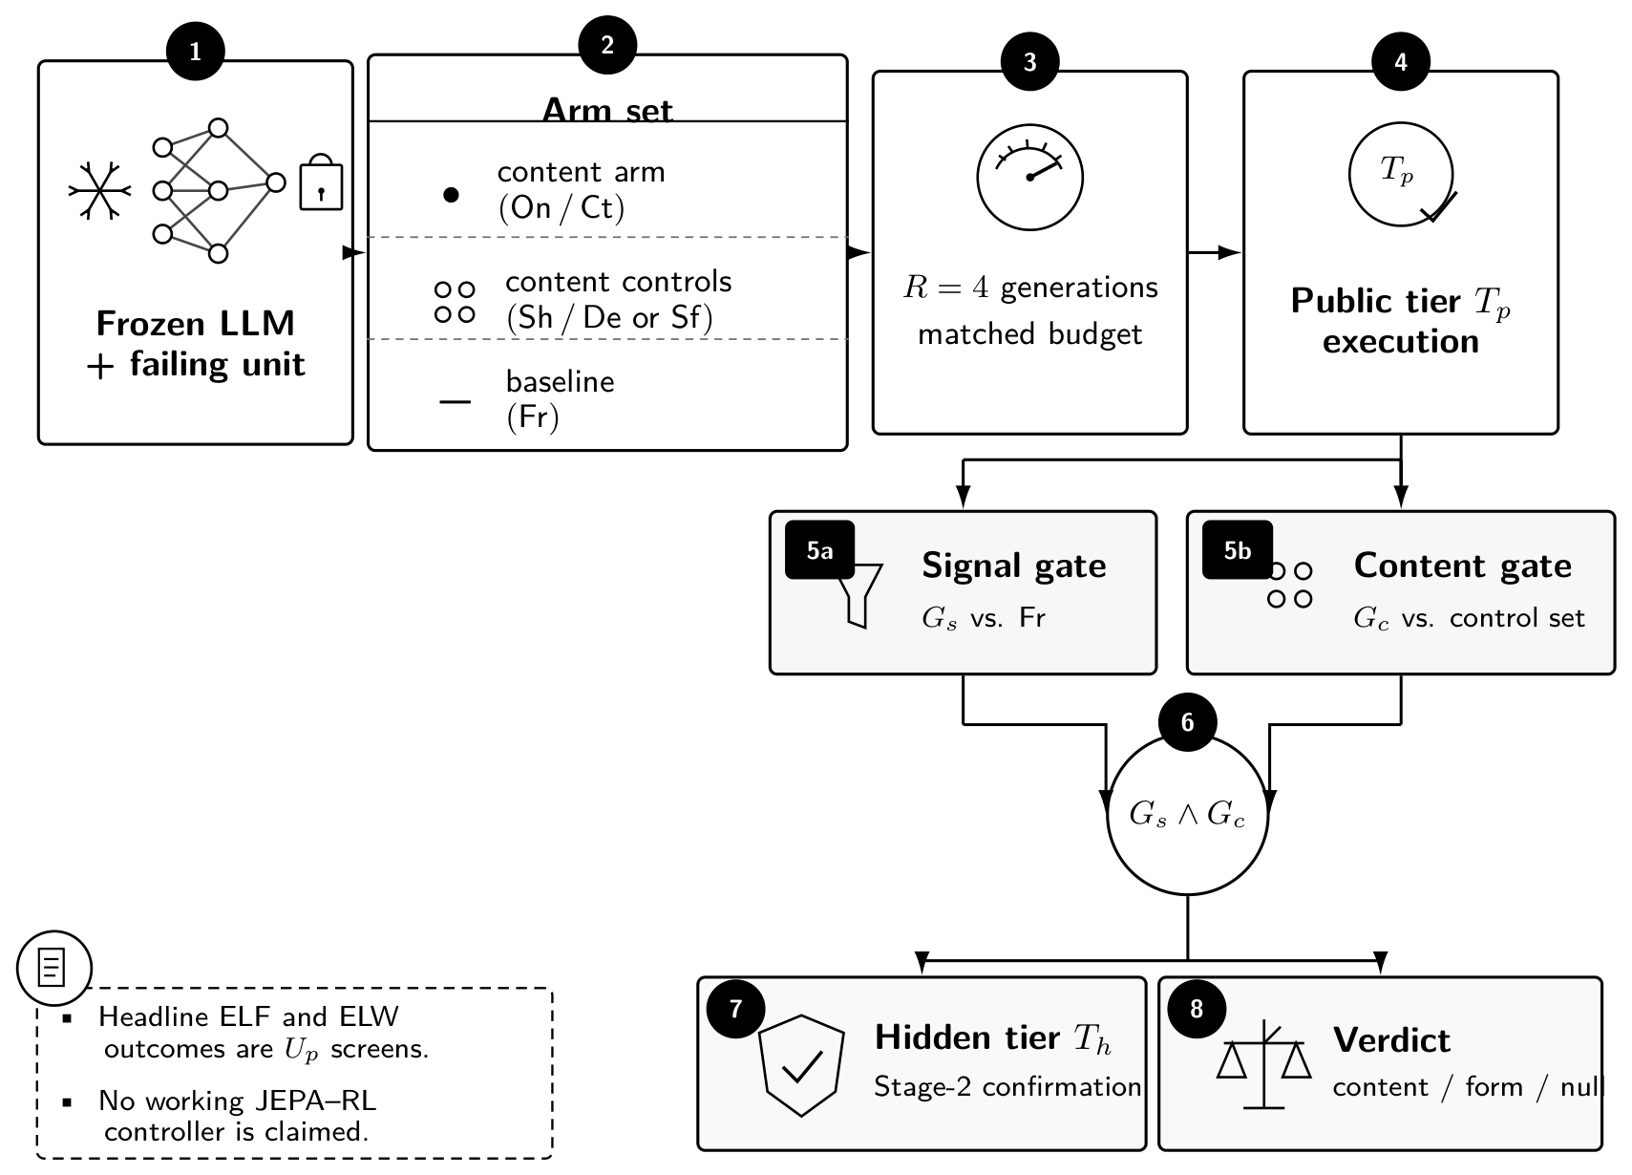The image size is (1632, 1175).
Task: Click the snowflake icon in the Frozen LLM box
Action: coord(100,190)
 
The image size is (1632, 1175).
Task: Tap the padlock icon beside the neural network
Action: coord(321,182)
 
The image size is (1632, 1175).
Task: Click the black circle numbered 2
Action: coord(607,45)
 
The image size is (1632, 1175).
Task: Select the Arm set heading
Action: coord(607,110)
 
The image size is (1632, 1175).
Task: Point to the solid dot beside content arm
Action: coord(451,195)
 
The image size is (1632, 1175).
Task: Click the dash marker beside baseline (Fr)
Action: coord(456,401)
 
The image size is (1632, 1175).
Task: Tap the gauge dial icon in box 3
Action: coord(1029,177)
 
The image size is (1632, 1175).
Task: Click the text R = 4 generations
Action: coord(1030,288)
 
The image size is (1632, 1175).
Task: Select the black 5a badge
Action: coord(819,550)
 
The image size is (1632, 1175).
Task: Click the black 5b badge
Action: coord(1237,550)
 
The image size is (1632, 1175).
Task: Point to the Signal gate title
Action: coord(1013,566)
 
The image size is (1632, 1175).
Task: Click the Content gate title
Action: coord(1462,565)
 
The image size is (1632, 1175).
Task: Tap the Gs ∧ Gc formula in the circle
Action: coord(1187,814)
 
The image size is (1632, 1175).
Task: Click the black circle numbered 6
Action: coord(1188,721)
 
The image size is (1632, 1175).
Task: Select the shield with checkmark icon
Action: coord(801,1065)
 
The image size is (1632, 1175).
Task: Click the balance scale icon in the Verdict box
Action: coord(1264,1064)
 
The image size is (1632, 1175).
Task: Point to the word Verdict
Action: coord(1391,1040)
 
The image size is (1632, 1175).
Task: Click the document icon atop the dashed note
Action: coord(52,968)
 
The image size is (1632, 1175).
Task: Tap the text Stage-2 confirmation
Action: coord(1007,1087)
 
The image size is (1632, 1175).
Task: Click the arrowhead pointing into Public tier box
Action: coord(1230,252)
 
